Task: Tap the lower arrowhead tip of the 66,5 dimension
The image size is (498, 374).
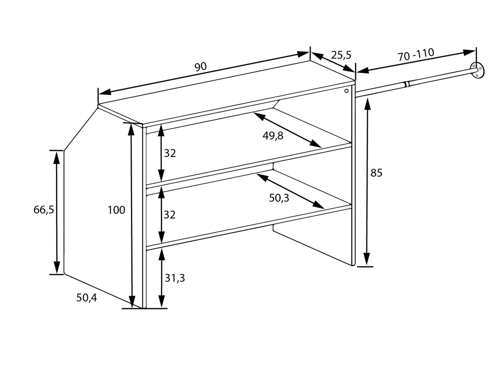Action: click(57, 274)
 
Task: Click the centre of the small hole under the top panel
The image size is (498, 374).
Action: click(347, 91)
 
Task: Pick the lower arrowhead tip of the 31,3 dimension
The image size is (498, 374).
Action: click(161, 308)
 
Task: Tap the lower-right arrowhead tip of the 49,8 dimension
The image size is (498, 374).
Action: click(321, 147)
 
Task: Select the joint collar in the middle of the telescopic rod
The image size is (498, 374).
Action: click(407, 84)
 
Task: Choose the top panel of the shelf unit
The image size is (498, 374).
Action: click(227, 93)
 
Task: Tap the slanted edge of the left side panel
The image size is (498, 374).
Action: click(81, 129)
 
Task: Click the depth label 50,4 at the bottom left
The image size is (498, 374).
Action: click(86, 298)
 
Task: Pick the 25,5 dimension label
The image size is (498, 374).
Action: click(341, 55)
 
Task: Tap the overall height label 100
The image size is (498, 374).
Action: click(117, 210)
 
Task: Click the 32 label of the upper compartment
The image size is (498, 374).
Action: click(170, 154)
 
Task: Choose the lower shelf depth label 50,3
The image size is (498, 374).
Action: click(279, 198)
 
